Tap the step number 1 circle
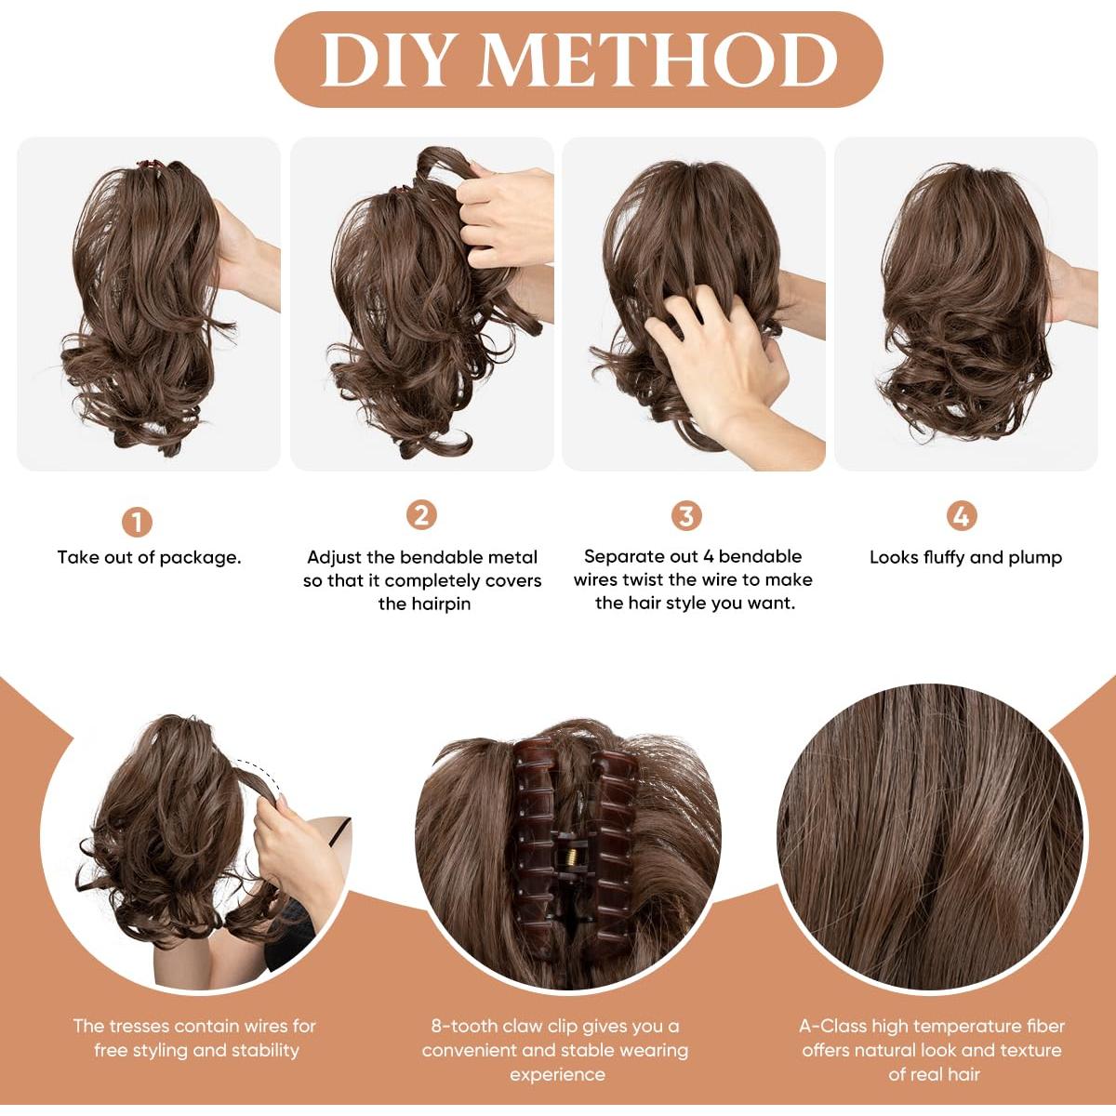coord(137,522)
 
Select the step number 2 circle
coord(421,515)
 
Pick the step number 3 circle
coord(686,515)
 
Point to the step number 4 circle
coord(961,515)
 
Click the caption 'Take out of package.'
coord(149,558)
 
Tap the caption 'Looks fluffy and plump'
coord(965,558)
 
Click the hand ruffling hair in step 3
coord(721,363)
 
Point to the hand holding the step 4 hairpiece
coord(1069,288)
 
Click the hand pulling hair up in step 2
coord(507,214)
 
